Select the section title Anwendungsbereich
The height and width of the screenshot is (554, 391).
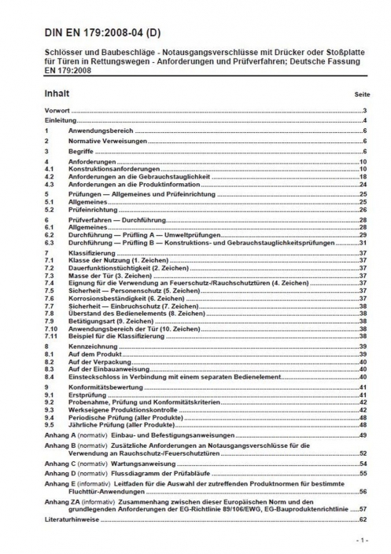(95, 130)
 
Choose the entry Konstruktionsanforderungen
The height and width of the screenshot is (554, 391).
(110, 169)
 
